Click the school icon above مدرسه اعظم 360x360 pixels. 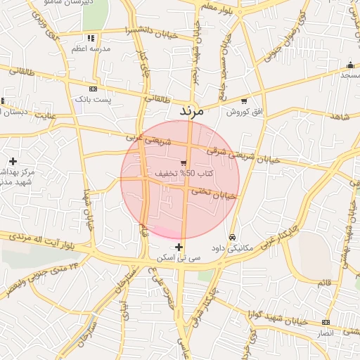90,38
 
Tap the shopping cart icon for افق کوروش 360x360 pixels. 244,101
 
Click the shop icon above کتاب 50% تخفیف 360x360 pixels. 184,163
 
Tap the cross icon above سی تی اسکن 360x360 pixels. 179,247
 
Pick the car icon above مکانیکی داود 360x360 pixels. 233,237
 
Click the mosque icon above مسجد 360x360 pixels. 349,65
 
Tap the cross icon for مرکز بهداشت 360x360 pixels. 13,161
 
